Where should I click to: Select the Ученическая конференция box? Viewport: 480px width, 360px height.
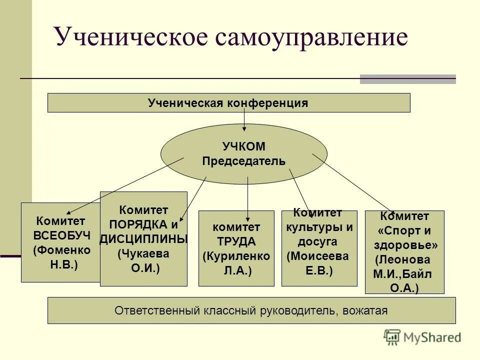click(x=228, y=103)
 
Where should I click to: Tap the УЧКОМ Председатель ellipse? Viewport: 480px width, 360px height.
click(x=243, y=154)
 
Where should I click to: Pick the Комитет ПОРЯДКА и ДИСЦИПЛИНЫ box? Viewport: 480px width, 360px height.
click(x=143, y=239)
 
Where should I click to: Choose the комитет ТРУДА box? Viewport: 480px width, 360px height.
click(x=236, y=248)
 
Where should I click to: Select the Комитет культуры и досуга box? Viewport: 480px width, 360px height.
click(x=319, y=248)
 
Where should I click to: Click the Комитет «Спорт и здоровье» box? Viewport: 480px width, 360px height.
click(x=404, y=252)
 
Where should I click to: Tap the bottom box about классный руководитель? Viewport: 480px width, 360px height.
click(x=251, y=310)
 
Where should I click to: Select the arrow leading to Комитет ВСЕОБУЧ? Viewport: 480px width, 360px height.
click(x=125, y=185)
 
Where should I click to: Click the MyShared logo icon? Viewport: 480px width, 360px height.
click(x=392, y=337)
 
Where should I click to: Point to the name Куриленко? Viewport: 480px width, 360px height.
click(x=236, y=256)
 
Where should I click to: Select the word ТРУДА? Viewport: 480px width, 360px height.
click(x=236, y=241)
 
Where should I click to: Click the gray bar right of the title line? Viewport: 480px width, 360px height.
click(x=407, y=79)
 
